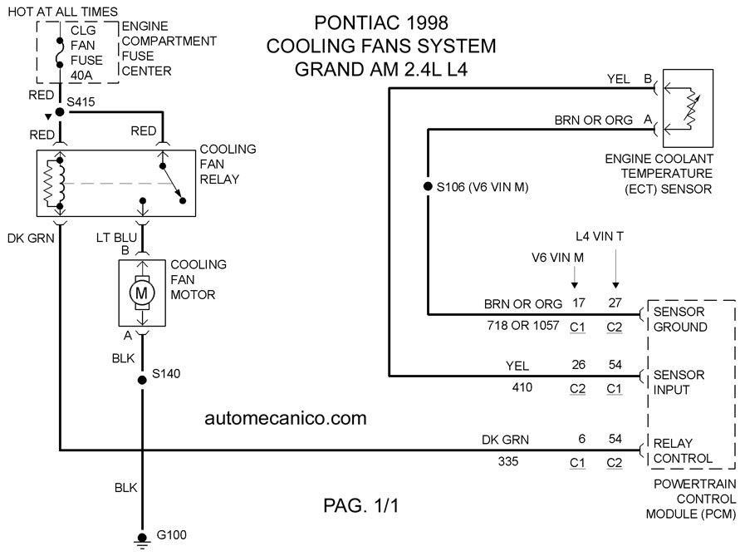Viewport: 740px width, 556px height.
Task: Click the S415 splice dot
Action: pos(60,112)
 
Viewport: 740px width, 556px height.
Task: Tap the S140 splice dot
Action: pos(141,380)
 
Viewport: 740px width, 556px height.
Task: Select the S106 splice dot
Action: pos(428,187)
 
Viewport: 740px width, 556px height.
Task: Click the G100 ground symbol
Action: pos(141,541)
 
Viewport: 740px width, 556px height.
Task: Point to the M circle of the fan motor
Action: pos(141,293)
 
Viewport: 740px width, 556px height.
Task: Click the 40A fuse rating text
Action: pos(81,75)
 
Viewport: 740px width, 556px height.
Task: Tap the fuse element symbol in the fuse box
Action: pos(60,53)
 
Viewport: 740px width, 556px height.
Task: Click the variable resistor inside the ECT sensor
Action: pos(690,108)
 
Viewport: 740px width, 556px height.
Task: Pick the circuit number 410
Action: pos(522,387)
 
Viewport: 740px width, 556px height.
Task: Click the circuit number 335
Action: pos(507,461)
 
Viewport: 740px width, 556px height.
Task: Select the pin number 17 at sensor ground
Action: pos(579,303)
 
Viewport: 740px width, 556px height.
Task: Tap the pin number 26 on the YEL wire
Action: pos(579,365)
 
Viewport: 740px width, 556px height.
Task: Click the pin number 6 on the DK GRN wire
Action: pos(582,439)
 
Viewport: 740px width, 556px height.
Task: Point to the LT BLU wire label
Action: pos(116,238)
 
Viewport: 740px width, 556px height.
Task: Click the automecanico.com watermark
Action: pos(286,418)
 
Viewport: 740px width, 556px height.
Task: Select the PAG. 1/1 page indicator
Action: pos(361,505)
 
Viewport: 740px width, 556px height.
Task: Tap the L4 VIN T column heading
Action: pos(600,236)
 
